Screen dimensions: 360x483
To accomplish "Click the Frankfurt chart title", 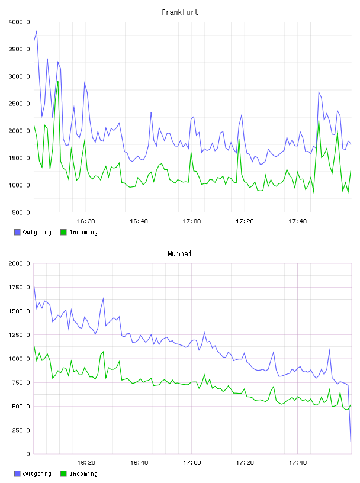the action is [180, 12].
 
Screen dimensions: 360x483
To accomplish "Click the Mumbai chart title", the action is [179, 254].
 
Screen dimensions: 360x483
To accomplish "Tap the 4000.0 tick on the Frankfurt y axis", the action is [19, 22].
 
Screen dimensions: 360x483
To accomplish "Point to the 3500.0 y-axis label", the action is [19, 49].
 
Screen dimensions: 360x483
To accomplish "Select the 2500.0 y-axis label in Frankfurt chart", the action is [19, 104].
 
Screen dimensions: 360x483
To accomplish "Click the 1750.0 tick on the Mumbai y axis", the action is [19, 288].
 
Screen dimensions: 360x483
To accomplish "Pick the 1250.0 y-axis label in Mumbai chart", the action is [19, 335].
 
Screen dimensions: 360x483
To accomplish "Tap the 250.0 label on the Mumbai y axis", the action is [21, 430].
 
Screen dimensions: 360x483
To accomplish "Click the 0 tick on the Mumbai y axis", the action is [28, 454].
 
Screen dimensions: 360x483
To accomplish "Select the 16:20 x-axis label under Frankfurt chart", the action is [86, 221].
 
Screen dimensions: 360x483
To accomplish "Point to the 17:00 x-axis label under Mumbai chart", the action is [192, 463].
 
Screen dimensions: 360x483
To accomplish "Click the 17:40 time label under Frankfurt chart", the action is [298, 221].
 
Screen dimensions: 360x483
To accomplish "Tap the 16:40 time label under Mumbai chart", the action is [139, 463].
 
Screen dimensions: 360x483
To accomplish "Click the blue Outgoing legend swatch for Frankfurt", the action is [17, 232].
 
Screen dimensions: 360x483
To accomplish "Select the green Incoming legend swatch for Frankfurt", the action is [63, 232].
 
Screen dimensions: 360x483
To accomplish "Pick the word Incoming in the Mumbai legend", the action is [83, 474].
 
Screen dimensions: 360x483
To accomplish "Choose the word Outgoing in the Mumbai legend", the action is [37, 474].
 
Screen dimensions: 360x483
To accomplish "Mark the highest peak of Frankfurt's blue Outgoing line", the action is [37, 31].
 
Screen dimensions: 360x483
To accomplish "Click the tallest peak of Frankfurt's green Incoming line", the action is [58, 82].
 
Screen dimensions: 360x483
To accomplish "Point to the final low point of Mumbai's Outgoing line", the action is [351, 442].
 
